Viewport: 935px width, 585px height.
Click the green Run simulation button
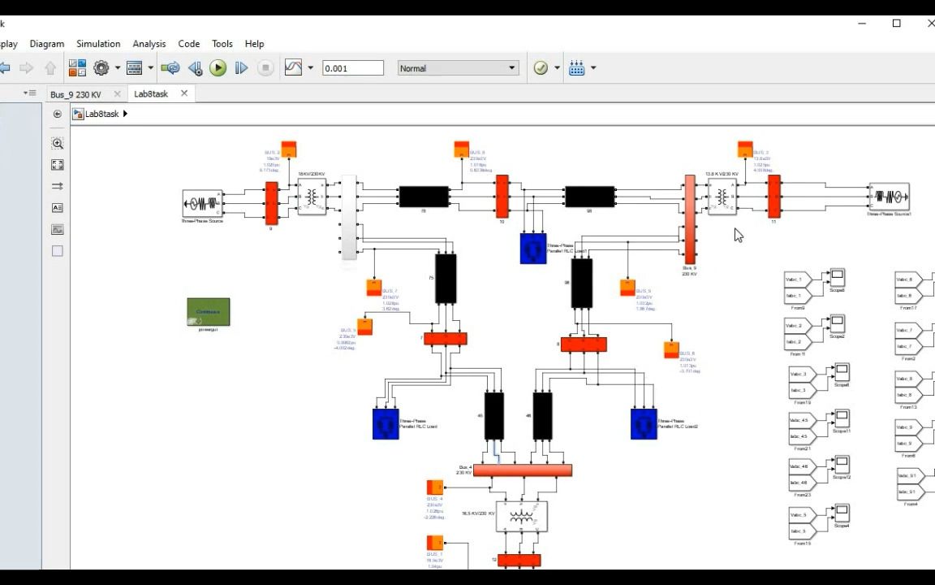218,68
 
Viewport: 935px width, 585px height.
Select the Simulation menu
98,44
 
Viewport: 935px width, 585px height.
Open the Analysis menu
149,44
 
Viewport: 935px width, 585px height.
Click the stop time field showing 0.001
352,68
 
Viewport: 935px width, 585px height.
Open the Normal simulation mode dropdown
458,68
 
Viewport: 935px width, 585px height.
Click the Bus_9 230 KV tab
75,94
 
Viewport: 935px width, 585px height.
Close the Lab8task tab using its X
184,93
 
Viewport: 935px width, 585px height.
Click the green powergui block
208,312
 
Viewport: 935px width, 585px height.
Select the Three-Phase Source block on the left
202,203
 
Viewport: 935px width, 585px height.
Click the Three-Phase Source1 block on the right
889,197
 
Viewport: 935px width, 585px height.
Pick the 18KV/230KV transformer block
312,197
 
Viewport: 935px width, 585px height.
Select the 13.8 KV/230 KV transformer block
722,197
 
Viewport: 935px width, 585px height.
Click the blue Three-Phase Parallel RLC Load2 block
644,424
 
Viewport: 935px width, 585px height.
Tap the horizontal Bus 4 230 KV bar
523,470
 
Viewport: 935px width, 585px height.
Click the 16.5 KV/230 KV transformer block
521,516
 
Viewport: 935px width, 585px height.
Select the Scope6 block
837,278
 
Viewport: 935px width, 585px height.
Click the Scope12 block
842,465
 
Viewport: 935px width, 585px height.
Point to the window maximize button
896,24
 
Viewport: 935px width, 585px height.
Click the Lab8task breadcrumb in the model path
102,114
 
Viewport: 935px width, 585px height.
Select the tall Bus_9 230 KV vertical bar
690,219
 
